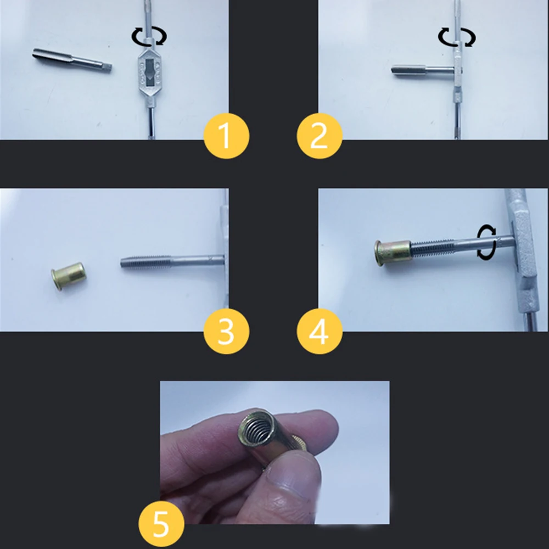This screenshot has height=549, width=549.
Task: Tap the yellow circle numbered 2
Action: [x=320, y=136]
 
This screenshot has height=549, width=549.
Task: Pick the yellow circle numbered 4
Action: [x=320, y=331]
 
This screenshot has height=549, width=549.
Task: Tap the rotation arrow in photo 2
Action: [x=457, y=37]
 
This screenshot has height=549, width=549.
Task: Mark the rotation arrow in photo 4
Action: [x=486, y=242]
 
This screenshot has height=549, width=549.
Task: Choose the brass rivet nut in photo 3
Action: [x=69, y=275]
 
